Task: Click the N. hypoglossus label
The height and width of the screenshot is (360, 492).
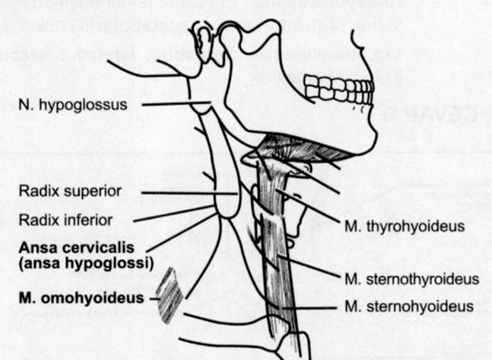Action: pyautogui.click(x=73, y=105)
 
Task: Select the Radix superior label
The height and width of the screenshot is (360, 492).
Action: pyautogui.click(x=70, y=191)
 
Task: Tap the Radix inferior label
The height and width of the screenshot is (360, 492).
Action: pyautogui.click(x=66, y=220)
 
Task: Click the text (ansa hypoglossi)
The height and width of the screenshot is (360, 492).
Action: pyautogui.click(x=85, y=263)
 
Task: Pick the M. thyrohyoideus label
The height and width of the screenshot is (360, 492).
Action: pyautogui.click(x=403, y=226)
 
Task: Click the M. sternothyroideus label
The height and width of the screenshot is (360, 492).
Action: pyautogui.click(x=411, y=278)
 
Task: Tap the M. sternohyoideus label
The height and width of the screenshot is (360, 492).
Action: pyautogui.click(x=409, y=306)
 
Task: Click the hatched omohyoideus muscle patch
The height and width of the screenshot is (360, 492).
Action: pyautogui.click(x=170, y=295)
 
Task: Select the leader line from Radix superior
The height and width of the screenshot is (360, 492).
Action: pyautogui.click(x=187, y=192)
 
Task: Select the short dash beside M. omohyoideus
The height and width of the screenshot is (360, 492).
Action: pyautogui.click(x=154, y=299)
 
